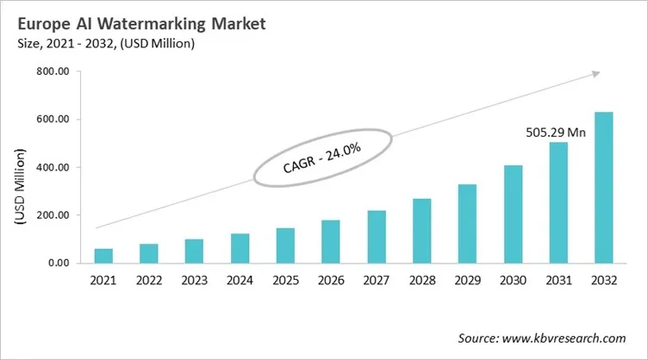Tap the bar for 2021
tap(103, 256)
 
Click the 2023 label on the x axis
tap(194, 280)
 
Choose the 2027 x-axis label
tap(376, 280)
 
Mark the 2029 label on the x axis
tap(467, 280)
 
